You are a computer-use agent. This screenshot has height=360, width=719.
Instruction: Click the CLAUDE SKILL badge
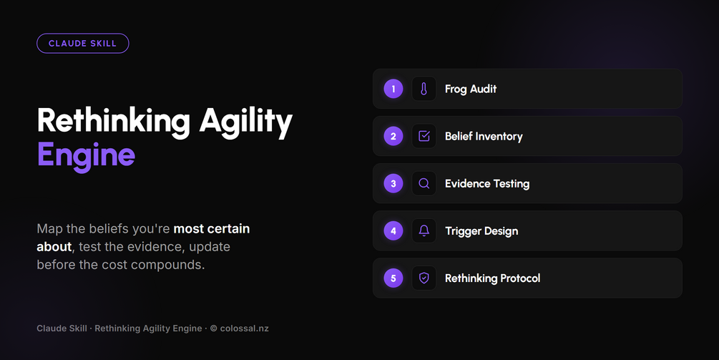point(82,44)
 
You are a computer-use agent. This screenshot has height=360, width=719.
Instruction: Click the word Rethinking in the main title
point(113,122)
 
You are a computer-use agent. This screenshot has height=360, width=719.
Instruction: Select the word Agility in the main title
point(246,122)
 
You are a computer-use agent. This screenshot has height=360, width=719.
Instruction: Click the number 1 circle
point(393,89)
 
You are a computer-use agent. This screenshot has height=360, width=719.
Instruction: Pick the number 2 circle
point(393,136)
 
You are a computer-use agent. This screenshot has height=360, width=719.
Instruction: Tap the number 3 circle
point(393,183)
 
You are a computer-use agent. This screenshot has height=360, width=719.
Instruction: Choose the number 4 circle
point(393,230)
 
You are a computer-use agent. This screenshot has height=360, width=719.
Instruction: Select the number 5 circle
point(393,278)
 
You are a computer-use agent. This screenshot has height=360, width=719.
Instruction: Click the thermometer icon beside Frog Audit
point(424,89)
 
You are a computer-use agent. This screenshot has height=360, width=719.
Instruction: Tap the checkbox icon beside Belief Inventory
point(424,136)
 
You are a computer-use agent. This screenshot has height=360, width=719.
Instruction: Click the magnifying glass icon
point(424,183)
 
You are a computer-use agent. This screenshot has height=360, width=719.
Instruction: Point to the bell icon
point(424,230)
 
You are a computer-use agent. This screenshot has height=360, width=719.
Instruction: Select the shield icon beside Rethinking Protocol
point(424,278)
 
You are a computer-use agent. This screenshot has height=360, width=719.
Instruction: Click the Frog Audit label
point(471,89)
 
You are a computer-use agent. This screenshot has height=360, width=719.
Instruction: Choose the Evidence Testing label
point(487,184)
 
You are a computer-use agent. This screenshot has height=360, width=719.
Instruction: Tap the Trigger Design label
point(481,231)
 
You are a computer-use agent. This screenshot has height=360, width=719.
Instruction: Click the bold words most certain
point(211,228)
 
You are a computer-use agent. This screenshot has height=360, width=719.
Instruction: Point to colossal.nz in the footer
point(245,329)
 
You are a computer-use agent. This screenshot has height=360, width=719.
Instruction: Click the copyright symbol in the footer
point(214,329)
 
